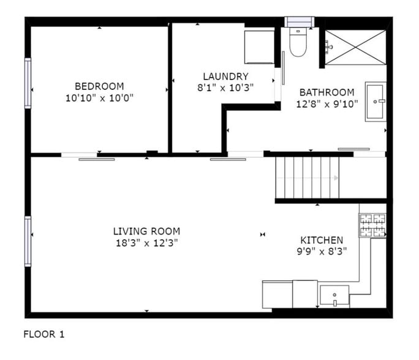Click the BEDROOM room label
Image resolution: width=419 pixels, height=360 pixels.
coord(99,86)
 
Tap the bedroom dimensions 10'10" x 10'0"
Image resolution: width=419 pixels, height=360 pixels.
coord(99,97)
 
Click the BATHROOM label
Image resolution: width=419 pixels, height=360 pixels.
coord(327,92)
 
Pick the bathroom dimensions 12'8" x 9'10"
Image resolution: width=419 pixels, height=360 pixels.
coord(327,103)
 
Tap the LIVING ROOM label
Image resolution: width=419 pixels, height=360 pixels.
coord(146,231)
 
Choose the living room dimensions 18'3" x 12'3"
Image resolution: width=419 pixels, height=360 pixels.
coord(146,242)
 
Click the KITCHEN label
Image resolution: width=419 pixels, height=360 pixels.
coord(322,240)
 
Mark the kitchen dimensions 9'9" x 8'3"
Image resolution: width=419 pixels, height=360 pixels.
coord(322,251)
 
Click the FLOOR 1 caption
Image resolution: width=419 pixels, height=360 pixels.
coord(43,334)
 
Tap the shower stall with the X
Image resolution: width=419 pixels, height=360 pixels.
coord(355,45)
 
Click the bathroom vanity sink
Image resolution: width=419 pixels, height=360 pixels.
coord(376,102)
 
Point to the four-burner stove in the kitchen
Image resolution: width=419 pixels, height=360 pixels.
coord(372,225)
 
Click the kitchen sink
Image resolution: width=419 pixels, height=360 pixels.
coord(334,296)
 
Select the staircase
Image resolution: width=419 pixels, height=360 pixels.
coord(307,177)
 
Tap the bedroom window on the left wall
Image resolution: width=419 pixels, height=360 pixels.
coord(28,83)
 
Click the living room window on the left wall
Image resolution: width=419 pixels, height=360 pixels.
coord(28,241)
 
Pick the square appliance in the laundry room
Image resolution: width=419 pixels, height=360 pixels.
coord(259,46)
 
